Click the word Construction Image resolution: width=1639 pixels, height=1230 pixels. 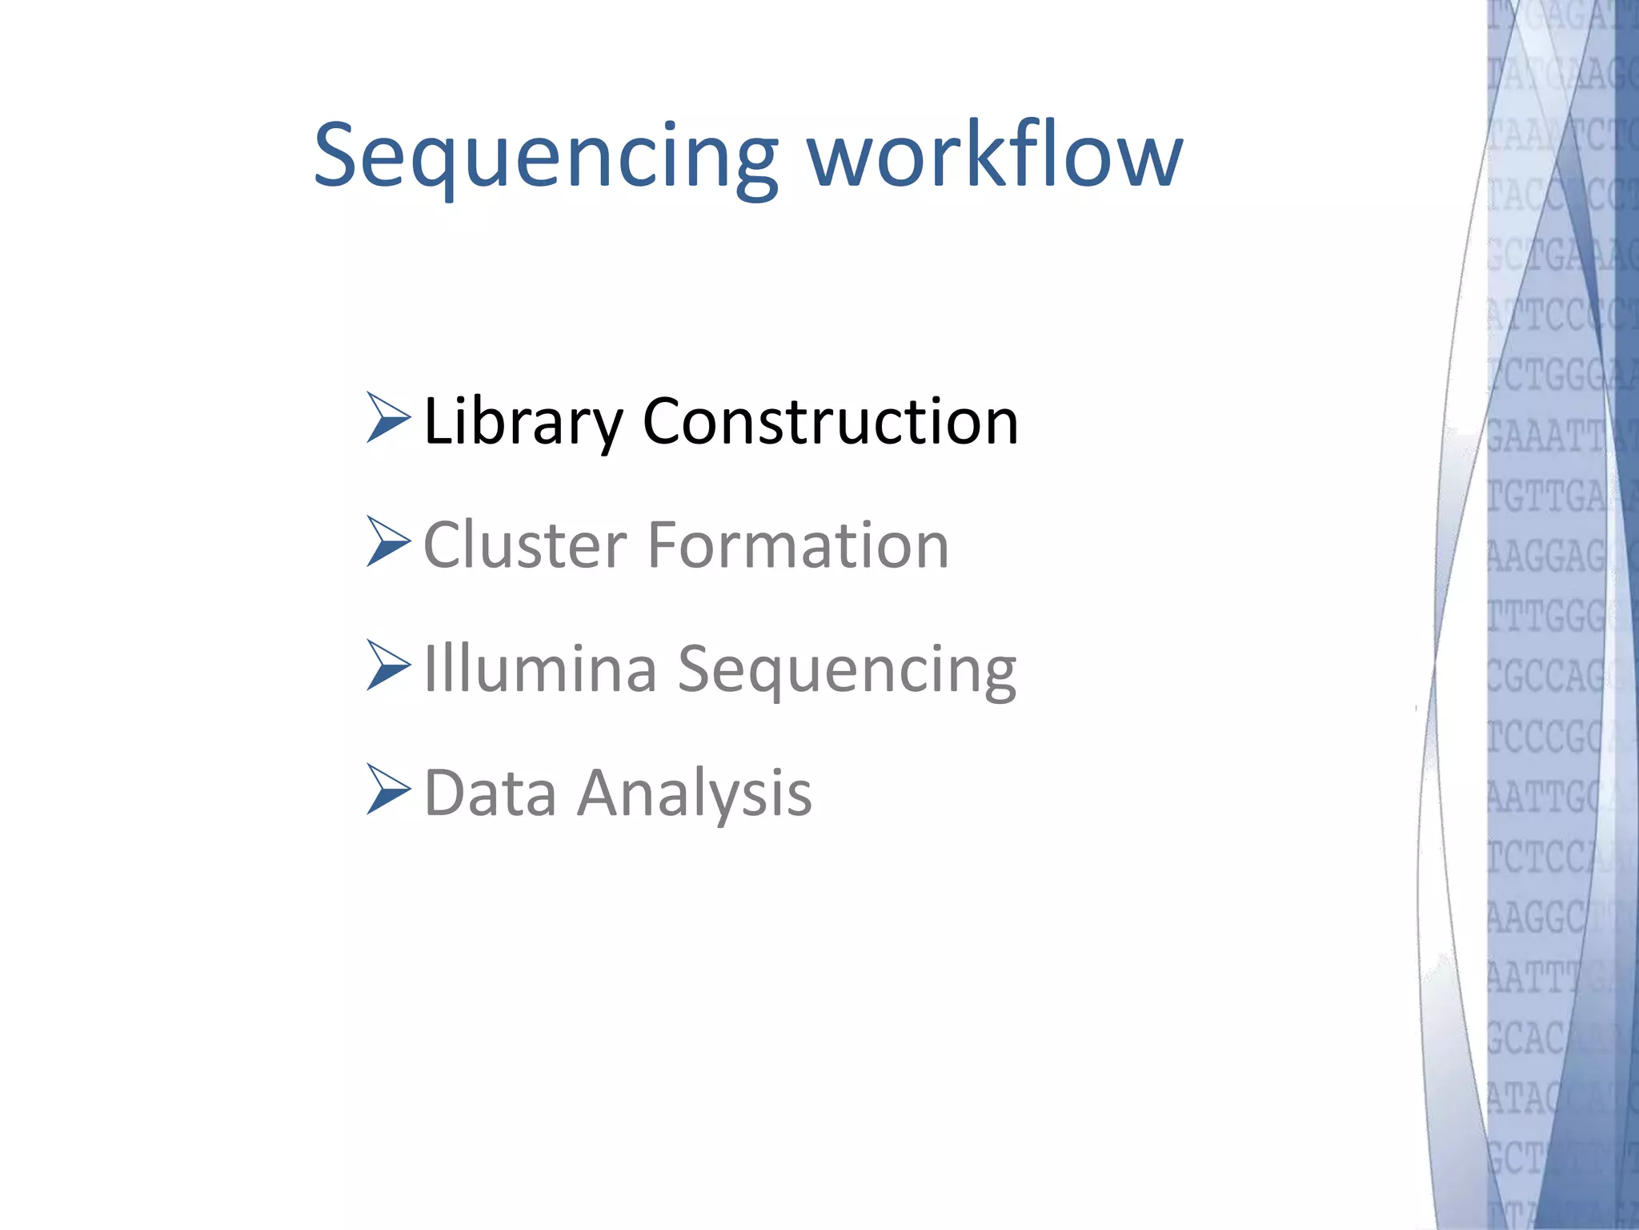(x=830, y=421)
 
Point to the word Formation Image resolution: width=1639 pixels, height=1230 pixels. (x=798, y=545)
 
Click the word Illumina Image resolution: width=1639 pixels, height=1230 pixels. (x=540, y=669)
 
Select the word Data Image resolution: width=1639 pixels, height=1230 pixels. (x=490, y=793)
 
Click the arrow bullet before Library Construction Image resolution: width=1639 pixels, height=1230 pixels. (x=388, y=417)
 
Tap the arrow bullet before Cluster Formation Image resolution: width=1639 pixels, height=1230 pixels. (x=388, y=541)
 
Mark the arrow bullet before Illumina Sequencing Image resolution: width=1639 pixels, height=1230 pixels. (x=388, y=665)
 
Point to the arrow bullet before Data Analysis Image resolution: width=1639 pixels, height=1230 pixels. (x=388, y=789)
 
